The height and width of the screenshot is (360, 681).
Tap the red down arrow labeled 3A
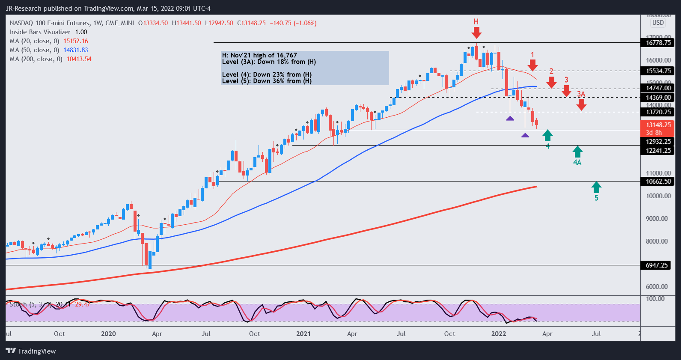point(581,104)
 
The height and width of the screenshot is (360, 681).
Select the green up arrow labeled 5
point(596,187)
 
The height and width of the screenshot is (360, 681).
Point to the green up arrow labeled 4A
point(577,152)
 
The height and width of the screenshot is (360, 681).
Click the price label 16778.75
point(658,43)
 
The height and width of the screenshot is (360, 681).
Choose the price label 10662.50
point(658,181)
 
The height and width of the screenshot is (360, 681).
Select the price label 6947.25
point(657,265)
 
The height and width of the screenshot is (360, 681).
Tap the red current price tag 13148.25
point(658,125)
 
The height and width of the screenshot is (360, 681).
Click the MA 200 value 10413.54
point(79,59)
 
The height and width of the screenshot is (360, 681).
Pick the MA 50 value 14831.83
point(76,50)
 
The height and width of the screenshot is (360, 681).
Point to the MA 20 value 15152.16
point(76,41)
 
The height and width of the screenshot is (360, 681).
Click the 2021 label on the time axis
point(303,334)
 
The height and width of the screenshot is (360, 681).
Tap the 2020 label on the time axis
point(108,334)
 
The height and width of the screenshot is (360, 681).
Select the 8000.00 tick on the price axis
point(657,241)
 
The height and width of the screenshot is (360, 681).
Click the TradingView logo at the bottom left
point(31,351)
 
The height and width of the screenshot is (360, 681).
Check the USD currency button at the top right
point(658,23)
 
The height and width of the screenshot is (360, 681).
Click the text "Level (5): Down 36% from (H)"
point(267,81)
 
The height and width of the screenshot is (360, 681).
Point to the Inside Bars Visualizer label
point(40,32)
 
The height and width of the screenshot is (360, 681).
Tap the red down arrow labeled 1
point(532,65)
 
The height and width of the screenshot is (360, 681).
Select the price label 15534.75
point(658,71)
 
